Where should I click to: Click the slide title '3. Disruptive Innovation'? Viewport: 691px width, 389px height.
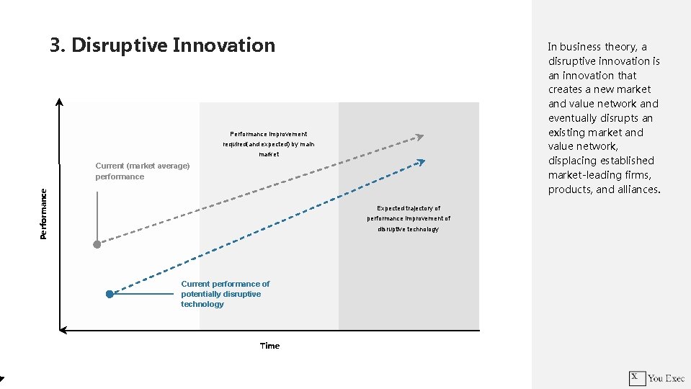[163, 45]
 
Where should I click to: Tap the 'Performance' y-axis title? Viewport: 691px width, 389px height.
[44, 214]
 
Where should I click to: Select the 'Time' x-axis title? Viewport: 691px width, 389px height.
[269, 346]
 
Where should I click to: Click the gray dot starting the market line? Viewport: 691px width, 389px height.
[97, 244]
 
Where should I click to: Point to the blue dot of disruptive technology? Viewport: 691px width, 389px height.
[110, 294]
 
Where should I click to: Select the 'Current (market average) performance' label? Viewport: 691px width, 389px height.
[142, 171]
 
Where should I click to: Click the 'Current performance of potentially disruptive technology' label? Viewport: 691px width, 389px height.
[225, 294]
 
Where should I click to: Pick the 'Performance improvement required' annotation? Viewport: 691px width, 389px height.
[268, 144]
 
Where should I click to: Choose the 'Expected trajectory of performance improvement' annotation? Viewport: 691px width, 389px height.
[408, 218]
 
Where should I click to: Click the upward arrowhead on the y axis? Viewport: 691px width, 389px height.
[60, 102]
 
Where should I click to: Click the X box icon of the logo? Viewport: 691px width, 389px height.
[636, 377]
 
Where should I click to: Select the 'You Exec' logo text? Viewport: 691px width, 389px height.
[666, 377]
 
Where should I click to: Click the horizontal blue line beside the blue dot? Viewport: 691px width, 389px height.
[144, 294]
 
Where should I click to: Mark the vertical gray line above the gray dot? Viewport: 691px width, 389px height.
[97, 216]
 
